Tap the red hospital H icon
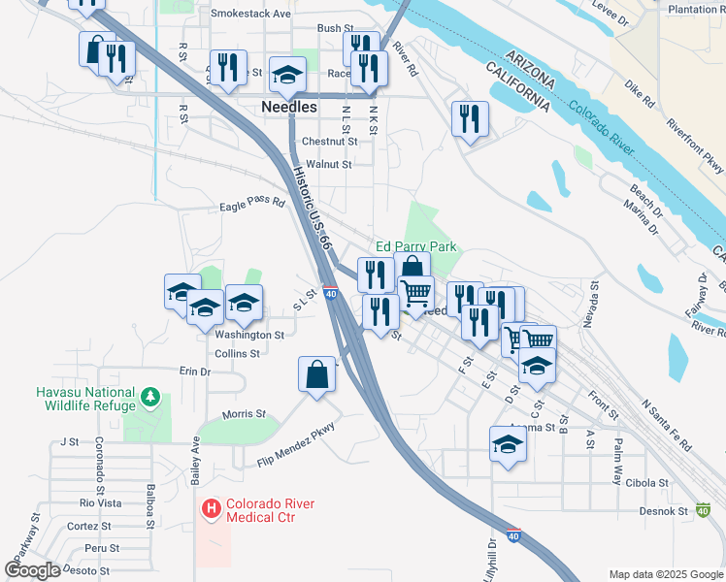coord(210,507)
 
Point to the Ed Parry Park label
coord(416,247)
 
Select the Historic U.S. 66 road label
coord(313,208)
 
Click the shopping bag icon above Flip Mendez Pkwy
coord(318,375)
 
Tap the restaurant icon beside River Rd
coord(470,120)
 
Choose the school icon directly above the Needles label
coord(287,76)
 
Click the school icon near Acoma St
coord(508,445)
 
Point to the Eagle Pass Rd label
coord(252,205)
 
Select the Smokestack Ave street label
coord(250,15)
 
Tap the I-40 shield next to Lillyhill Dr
coord(513,534)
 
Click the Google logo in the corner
coord(33,569)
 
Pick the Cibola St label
coord(648,482)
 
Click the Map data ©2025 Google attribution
coord(664,574)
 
